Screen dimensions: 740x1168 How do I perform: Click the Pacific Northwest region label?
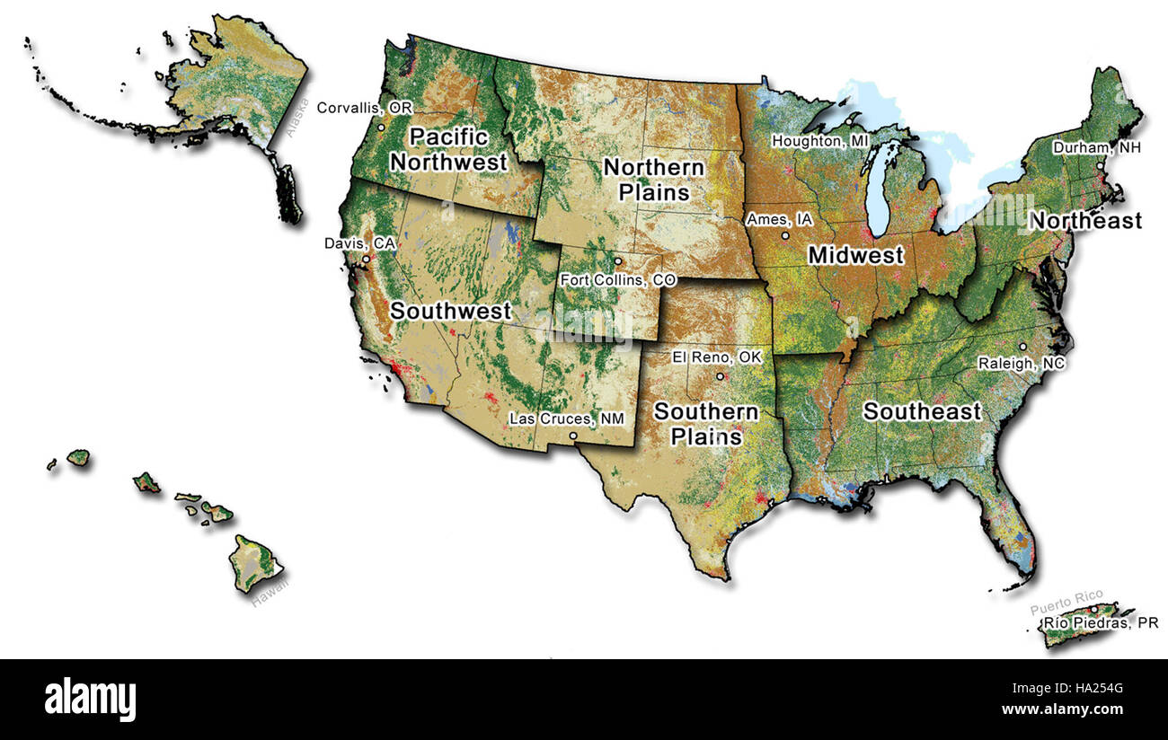click(449, 149)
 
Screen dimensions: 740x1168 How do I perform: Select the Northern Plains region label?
click(652, 180)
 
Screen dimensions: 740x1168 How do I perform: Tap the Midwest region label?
click(855, 255)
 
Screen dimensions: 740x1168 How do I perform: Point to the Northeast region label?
click(1084, 221)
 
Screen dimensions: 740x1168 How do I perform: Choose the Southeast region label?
click(922, 411)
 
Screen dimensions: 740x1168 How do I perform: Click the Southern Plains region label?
click(705, 424)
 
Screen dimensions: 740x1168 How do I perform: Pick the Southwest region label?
click(450, 312)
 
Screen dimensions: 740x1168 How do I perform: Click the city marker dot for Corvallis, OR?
click(381, 128)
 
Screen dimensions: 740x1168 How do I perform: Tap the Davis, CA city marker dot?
click(366, 260)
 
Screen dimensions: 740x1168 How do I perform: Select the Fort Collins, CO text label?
click(617, 279)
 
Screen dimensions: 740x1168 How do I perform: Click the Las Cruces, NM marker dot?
click(573, 436)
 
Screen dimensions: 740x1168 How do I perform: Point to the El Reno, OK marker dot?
click(720, 376)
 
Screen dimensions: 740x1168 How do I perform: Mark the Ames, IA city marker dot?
click(785, 236)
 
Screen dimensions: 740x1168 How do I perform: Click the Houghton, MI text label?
click(821, 141)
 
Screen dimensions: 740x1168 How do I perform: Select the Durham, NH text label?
click(1096, 147)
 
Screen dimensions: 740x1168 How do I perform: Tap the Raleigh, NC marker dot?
click(1022, 347)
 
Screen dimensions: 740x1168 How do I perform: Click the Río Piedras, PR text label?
click(1100, 622)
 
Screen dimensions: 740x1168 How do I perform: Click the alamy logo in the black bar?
click(90, 698)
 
